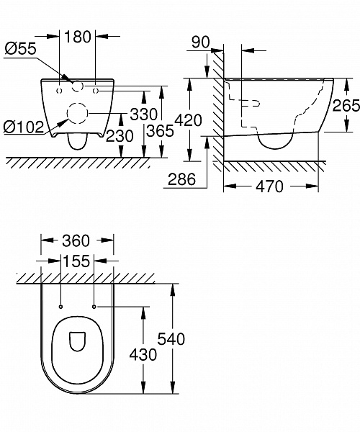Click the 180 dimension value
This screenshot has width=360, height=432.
[77, 37]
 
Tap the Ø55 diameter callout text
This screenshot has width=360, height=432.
[20, 49]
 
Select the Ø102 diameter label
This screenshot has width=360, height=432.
[24, 127]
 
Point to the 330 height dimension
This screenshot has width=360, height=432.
[143, 114]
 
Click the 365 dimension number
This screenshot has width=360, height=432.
[160, 130]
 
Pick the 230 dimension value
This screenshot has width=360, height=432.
[120, 136]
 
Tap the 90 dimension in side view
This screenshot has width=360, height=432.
[201, 42]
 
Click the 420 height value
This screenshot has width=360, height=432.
[189, 120]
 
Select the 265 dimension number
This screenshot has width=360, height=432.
[346, 106]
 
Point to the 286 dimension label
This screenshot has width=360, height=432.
[181, 179]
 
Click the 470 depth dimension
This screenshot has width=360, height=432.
[270, 186]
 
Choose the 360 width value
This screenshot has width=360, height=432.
[76, 240]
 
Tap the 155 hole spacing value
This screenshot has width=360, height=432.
[76, 261]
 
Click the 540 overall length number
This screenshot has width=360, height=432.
[171, 339]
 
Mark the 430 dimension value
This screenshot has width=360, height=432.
[143, 354]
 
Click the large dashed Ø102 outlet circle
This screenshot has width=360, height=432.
[77, 113]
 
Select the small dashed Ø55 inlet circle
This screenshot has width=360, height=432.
[78, 86]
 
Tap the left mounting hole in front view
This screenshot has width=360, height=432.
[59, 91]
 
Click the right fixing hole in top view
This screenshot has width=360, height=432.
[94, 307]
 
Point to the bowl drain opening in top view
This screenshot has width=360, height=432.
[78, 341]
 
